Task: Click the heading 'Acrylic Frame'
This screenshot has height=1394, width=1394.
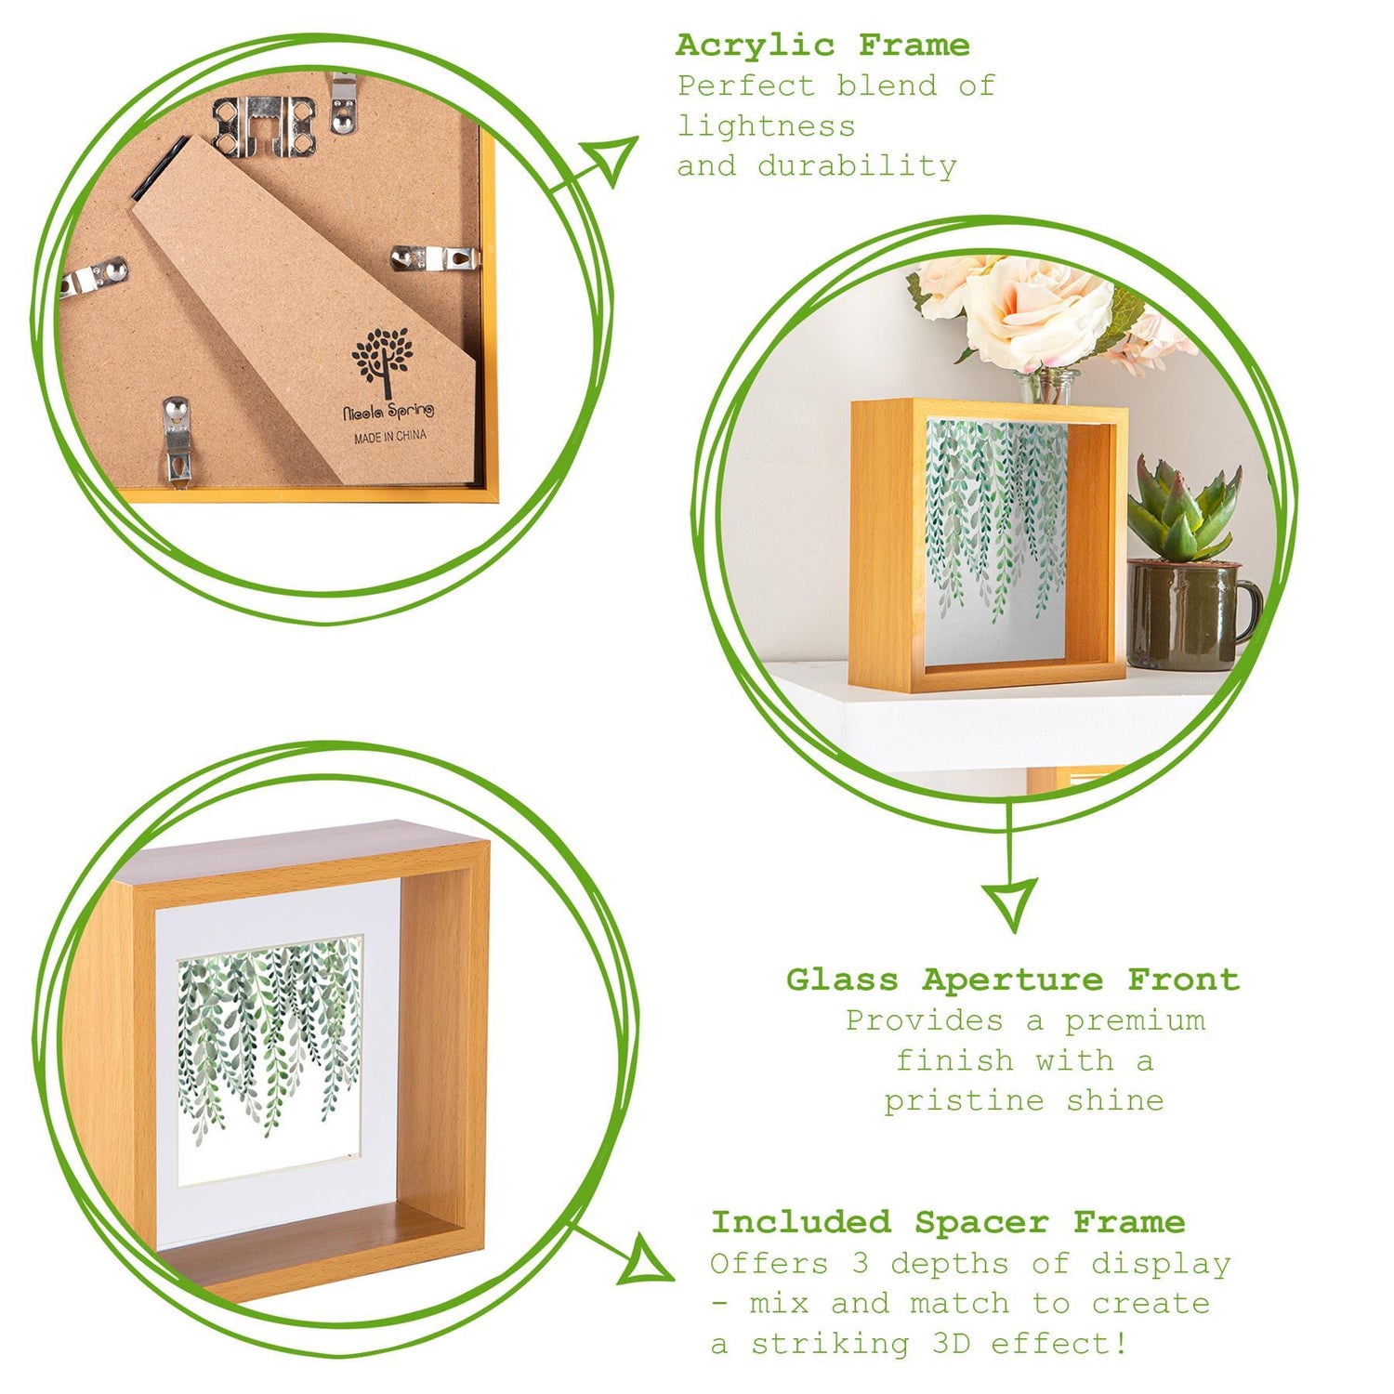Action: tap(822, 45)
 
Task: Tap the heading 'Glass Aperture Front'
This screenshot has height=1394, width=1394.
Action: tap(1013, 980)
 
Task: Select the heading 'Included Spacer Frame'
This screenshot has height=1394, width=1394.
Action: tap(948, 1222)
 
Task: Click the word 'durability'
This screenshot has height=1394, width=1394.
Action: tap(857, 166)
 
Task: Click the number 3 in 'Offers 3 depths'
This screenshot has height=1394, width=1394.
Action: tap(860, 1264)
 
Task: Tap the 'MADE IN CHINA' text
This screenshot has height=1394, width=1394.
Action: tap(390, 436)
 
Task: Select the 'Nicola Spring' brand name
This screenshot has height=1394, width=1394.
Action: tap(388, 411)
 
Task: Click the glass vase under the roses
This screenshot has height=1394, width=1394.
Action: tap(1047, 386)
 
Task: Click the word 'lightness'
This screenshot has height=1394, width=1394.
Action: tap(766, 125)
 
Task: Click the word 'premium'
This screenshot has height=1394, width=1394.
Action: tap(1135, 1020)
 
